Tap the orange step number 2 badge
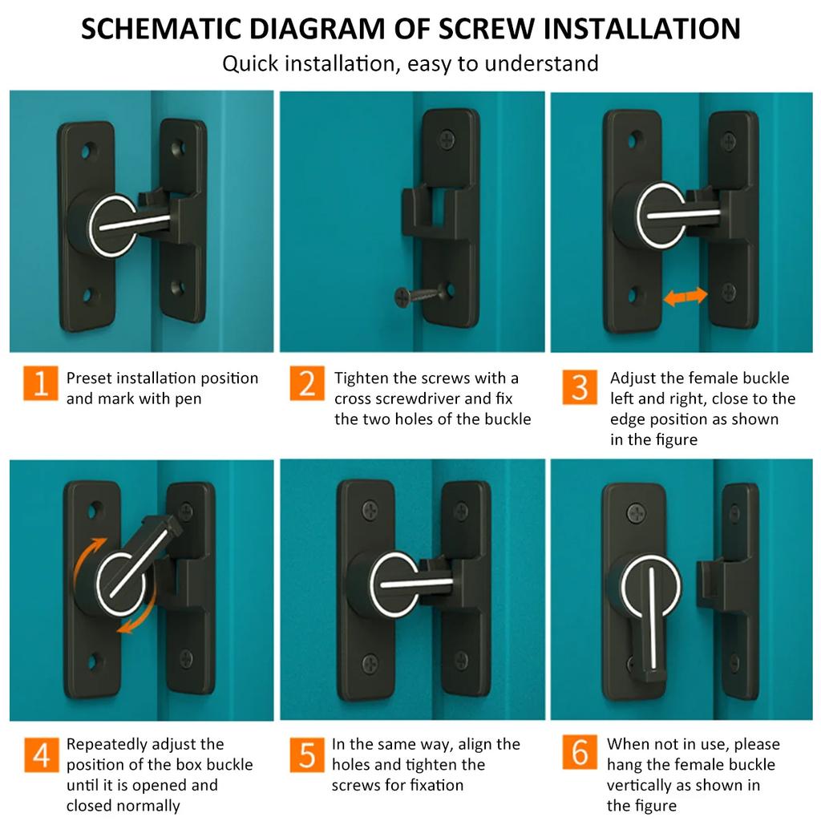tap(307, 383)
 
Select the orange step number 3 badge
tap(579, 386)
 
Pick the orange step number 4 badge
tap(41, 754)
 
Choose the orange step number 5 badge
tap(307, 754)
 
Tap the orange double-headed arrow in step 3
tap(686, 297)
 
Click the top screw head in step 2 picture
tap(447, 140)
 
